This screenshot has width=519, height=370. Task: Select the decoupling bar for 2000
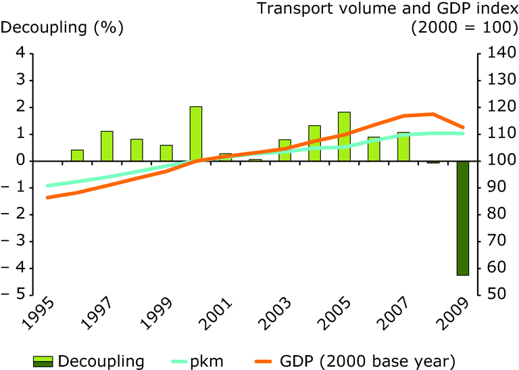pyautogui.click(x=196, y=134)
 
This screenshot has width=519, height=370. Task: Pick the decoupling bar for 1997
pyautogui.click(x=107, y=146)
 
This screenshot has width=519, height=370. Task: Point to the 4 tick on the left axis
pyautogui.click(x=21, y=53)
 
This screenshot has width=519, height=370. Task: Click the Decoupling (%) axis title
pyautogui.click(x=64, y=28)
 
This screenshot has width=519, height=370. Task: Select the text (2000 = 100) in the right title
pyautogui.click(x=464, y=28)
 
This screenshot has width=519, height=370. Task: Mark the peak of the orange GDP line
pyautogui.click(x=432, y=114)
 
